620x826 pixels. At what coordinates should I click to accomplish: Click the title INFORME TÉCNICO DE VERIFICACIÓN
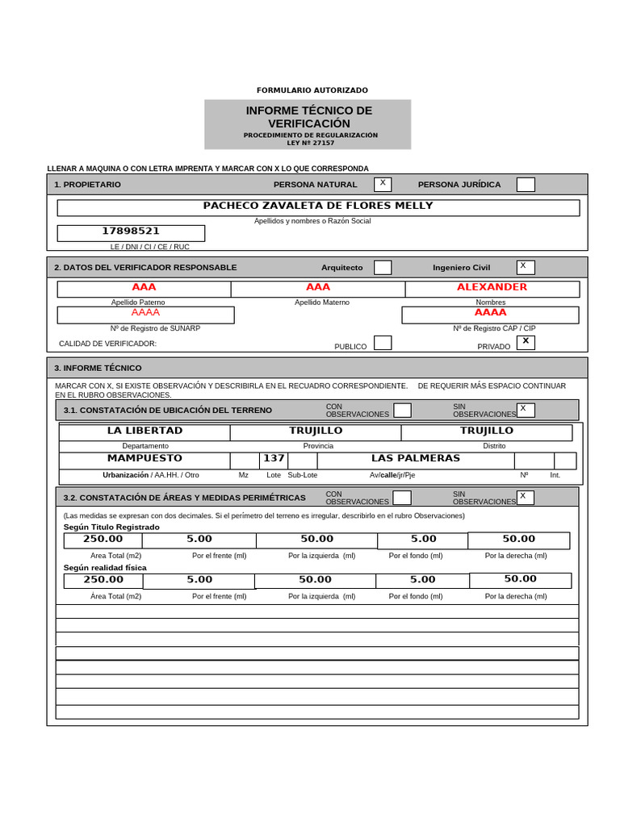pos(308,117)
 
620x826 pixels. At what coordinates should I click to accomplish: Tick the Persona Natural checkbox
pos(383,184)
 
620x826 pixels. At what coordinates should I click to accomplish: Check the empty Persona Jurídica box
pos(526,185)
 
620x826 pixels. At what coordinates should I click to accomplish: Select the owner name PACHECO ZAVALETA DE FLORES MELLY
pos(318,206)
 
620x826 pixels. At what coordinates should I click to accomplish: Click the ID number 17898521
pos(131,232)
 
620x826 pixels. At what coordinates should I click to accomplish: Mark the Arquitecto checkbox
pos(383,267)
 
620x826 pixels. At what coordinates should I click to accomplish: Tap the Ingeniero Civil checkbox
pos(526,267)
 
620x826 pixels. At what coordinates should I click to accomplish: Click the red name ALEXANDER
pos(492,287)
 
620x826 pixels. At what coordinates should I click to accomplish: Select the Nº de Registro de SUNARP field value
pos(145,313)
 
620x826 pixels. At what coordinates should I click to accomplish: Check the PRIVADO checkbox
pos(526,343)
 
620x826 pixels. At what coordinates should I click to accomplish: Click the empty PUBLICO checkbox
pos(383,343)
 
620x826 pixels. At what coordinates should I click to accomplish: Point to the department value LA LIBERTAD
pos(145,431)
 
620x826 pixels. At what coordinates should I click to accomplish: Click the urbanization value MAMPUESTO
pos(145,459)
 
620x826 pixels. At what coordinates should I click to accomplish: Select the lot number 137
pos(274,459)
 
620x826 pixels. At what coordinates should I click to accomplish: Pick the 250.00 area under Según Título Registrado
pos(103,540)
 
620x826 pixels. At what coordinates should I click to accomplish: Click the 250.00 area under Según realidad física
pos(103,580)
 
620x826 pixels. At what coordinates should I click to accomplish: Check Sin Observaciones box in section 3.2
pos(526,498)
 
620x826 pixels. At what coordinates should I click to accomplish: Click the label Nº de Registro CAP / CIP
pos(494,328)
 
